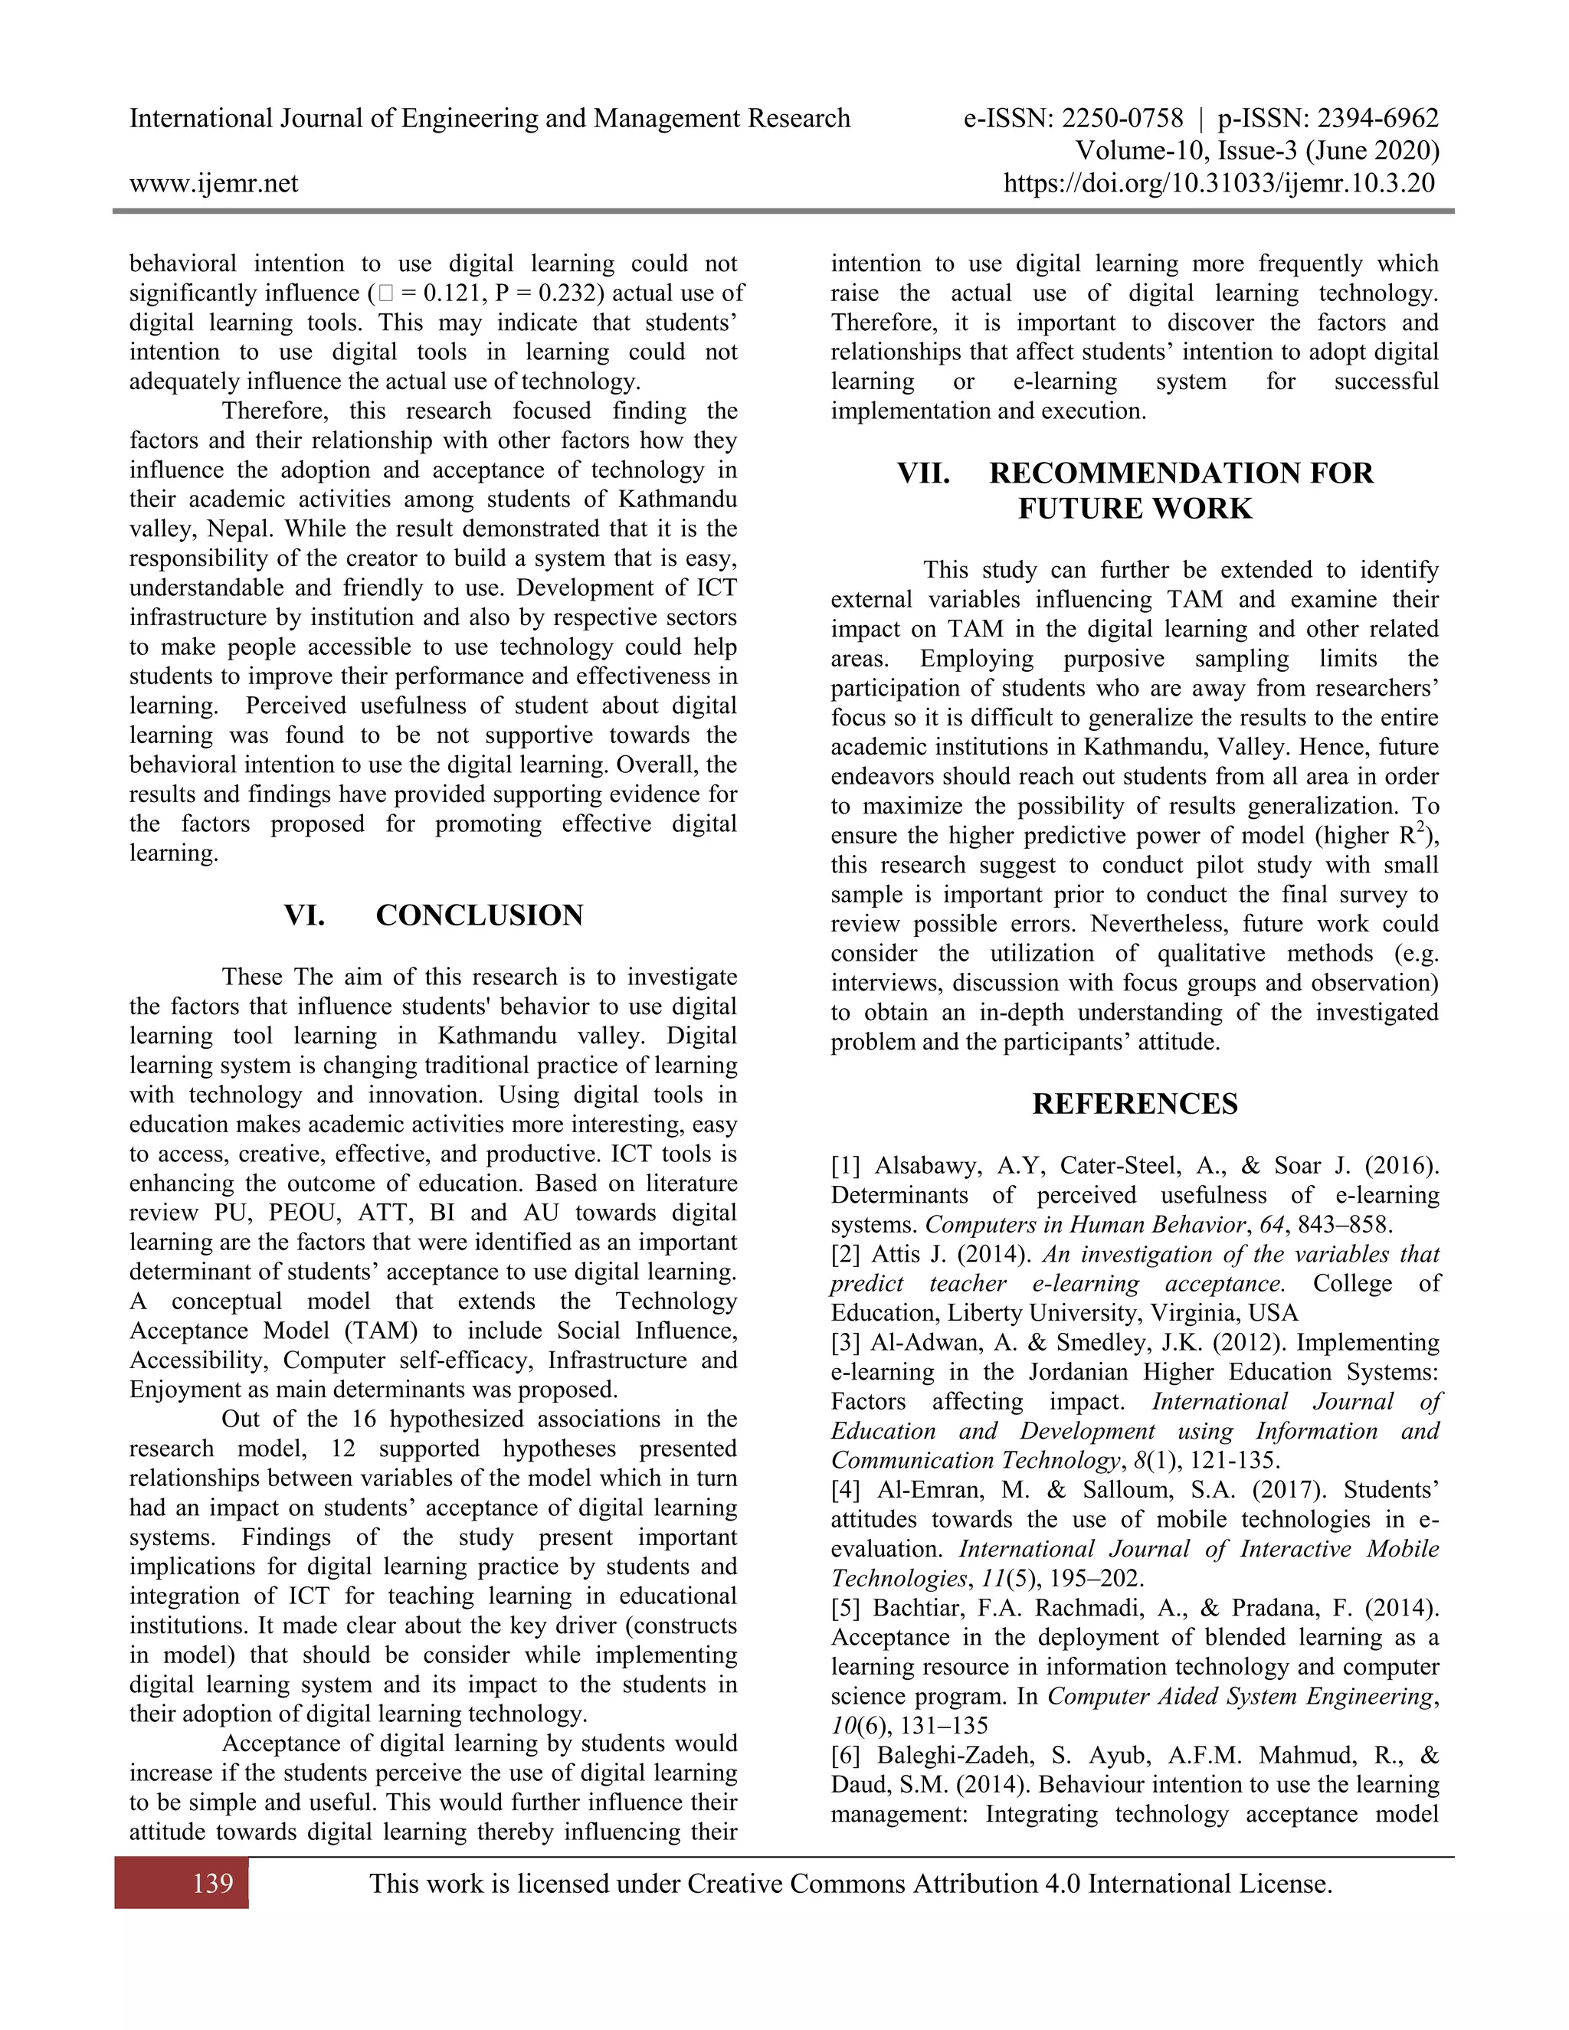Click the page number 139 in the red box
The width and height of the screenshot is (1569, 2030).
[x=213, y=1884]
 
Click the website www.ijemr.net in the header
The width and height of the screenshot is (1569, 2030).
[x=214, y=183]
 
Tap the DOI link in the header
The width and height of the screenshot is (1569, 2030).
[x=1219, y=183]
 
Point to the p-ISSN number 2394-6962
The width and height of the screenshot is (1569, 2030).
[x=1378, y=118]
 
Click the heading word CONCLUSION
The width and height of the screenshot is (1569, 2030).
[x=480, y=915]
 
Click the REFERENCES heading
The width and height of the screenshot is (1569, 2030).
[x=1135, y=1104]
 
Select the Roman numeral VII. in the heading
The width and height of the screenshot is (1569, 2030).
[x=923, y=473]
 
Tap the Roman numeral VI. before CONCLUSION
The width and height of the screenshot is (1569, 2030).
[x=305, y=915]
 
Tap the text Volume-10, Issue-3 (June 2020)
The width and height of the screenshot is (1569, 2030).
[x=1256, y=151]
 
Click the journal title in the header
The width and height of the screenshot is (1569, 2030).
[x=490, y=118]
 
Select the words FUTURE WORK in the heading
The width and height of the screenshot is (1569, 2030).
[x=1135, y=509]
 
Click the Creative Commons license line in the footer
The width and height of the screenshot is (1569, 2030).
[x=850, y=1884]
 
